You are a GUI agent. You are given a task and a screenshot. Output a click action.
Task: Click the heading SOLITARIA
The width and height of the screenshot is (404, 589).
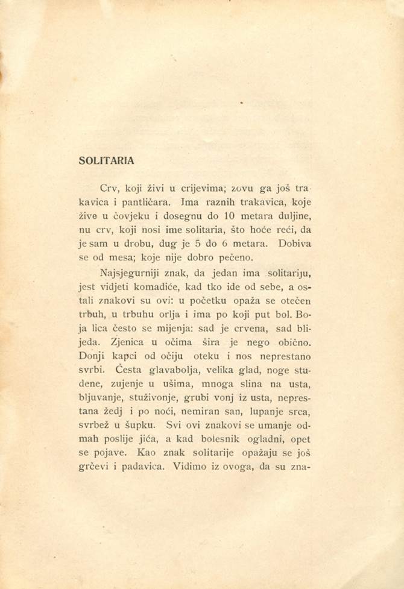tap(106, 161)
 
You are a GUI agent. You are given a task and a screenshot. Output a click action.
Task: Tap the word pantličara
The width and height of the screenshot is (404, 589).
tap(141, 202)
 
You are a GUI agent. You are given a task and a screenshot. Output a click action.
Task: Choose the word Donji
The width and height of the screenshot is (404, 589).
tap(92, 355)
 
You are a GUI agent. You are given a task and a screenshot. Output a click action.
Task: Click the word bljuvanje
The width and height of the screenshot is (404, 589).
tap(102, 397)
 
